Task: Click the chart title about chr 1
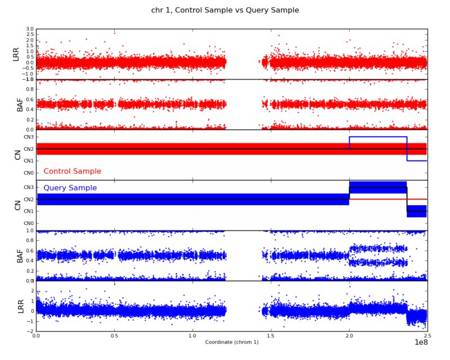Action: (225, 10)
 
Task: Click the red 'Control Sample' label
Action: (72, 171)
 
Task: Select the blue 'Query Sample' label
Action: (70, 188)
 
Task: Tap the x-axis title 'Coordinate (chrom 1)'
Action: (232, 342)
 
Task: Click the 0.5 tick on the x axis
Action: (114, 335)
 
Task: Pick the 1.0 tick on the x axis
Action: (192, 335)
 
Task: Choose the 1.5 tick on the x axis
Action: (271, 335)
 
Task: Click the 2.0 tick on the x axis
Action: (349, 335)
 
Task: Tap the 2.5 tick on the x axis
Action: (426, 335)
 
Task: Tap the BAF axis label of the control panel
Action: (20, 104)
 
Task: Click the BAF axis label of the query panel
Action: (20, 256)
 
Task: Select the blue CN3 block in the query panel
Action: (377, 187)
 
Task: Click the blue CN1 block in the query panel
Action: (416, 211)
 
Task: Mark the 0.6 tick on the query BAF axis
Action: (30, 251)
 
